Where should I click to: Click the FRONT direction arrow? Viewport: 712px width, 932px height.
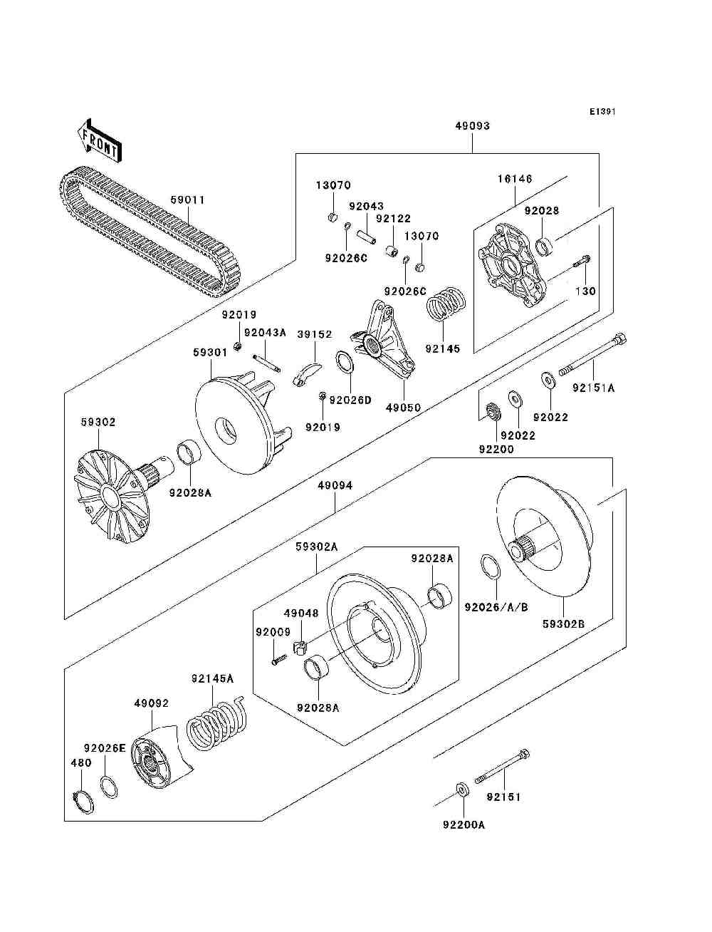99,140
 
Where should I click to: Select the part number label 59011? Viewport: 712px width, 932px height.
187,200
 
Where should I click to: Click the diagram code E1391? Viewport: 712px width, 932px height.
602,112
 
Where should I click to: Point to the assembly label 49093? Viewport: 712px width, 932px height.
472,125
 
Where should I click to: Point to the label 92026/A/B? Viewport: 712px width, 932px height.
496,608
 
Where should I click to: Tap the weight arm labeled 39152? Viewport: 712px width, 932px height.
307,375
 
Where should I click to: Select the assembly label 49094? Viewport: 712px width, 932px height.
335,485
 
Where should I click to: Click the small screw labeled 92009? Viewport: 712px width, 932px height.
279,659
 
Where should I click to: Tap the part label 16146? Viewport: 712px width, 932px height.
515,179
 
